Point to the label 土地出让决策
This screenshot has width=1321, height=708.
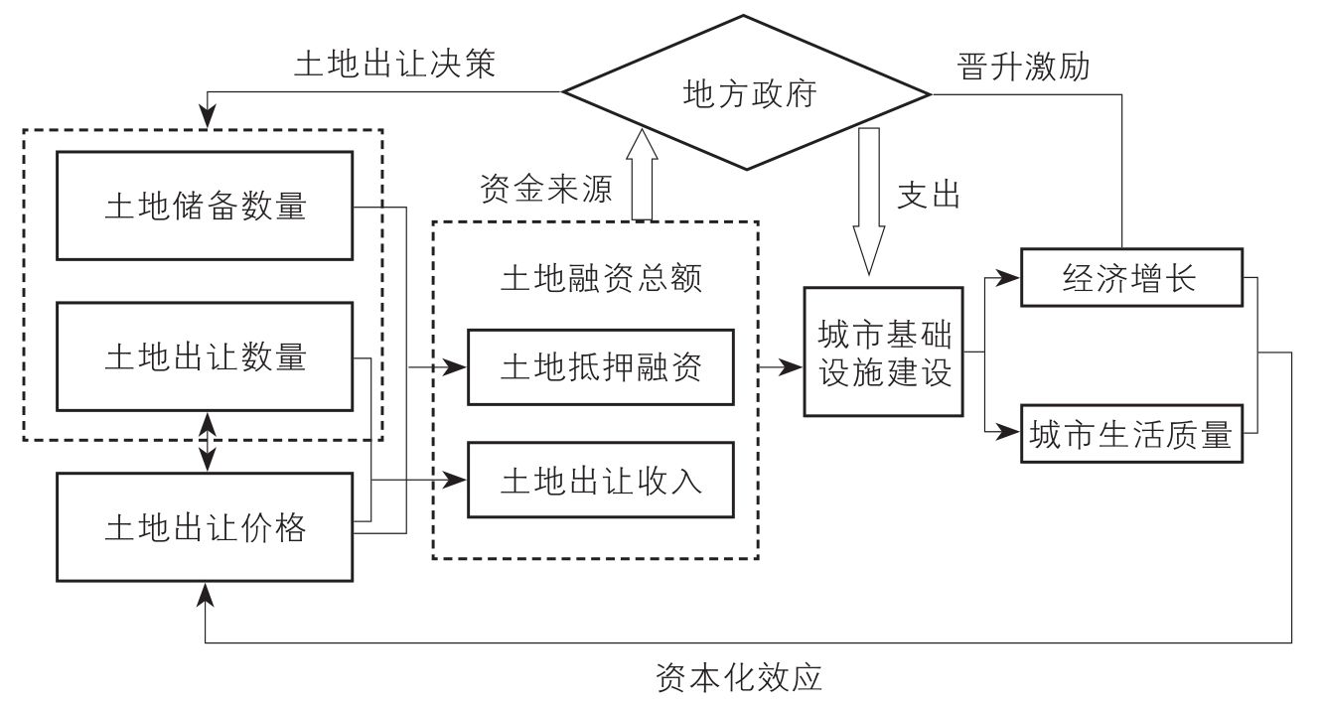click(x=394, y=64)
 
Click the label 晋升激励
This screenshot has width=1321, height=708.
click(x=1023, y=66)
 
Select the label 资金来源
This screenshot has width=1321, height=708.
click(x=546, y=189)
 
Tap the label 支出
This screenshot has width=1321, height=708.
click(x=929, y=195)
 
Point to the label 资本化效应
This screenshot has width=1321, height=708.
click(x=739, y=677)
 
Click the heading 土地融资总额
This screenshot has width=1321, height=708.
click(x=601, y=278)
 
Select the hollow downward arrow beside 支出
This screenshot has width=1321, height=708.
click(x=869, y=202)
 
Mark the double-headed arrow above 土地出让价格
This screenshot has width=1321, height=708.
click(x=207, y=442)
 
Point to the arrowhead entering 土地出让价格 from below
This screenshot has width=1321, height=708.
click(x=206, y=594)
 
